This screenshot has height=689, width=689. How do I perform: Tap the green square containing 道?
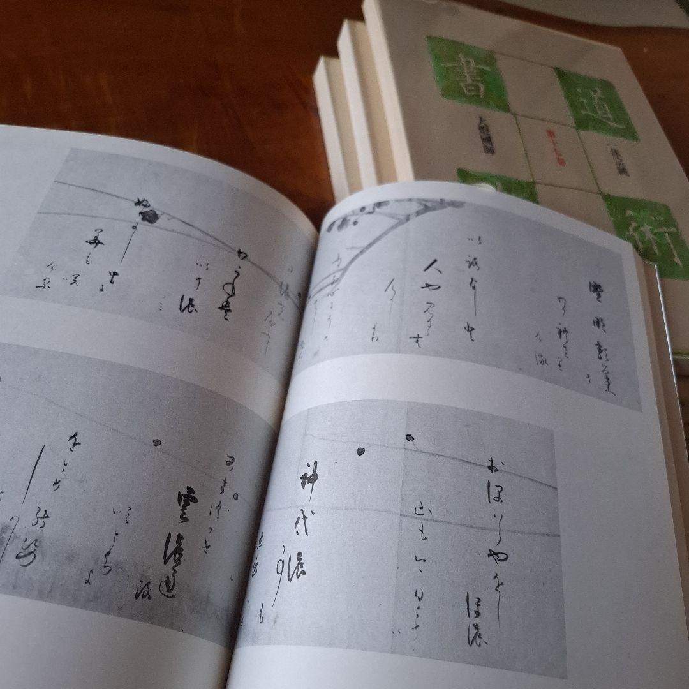click(596, 105)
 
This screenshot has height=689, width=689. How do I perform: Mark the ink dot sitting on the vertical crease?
click(409, 438)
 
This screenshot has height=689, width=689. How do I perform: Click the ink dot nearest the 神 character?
click(360, 451)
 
